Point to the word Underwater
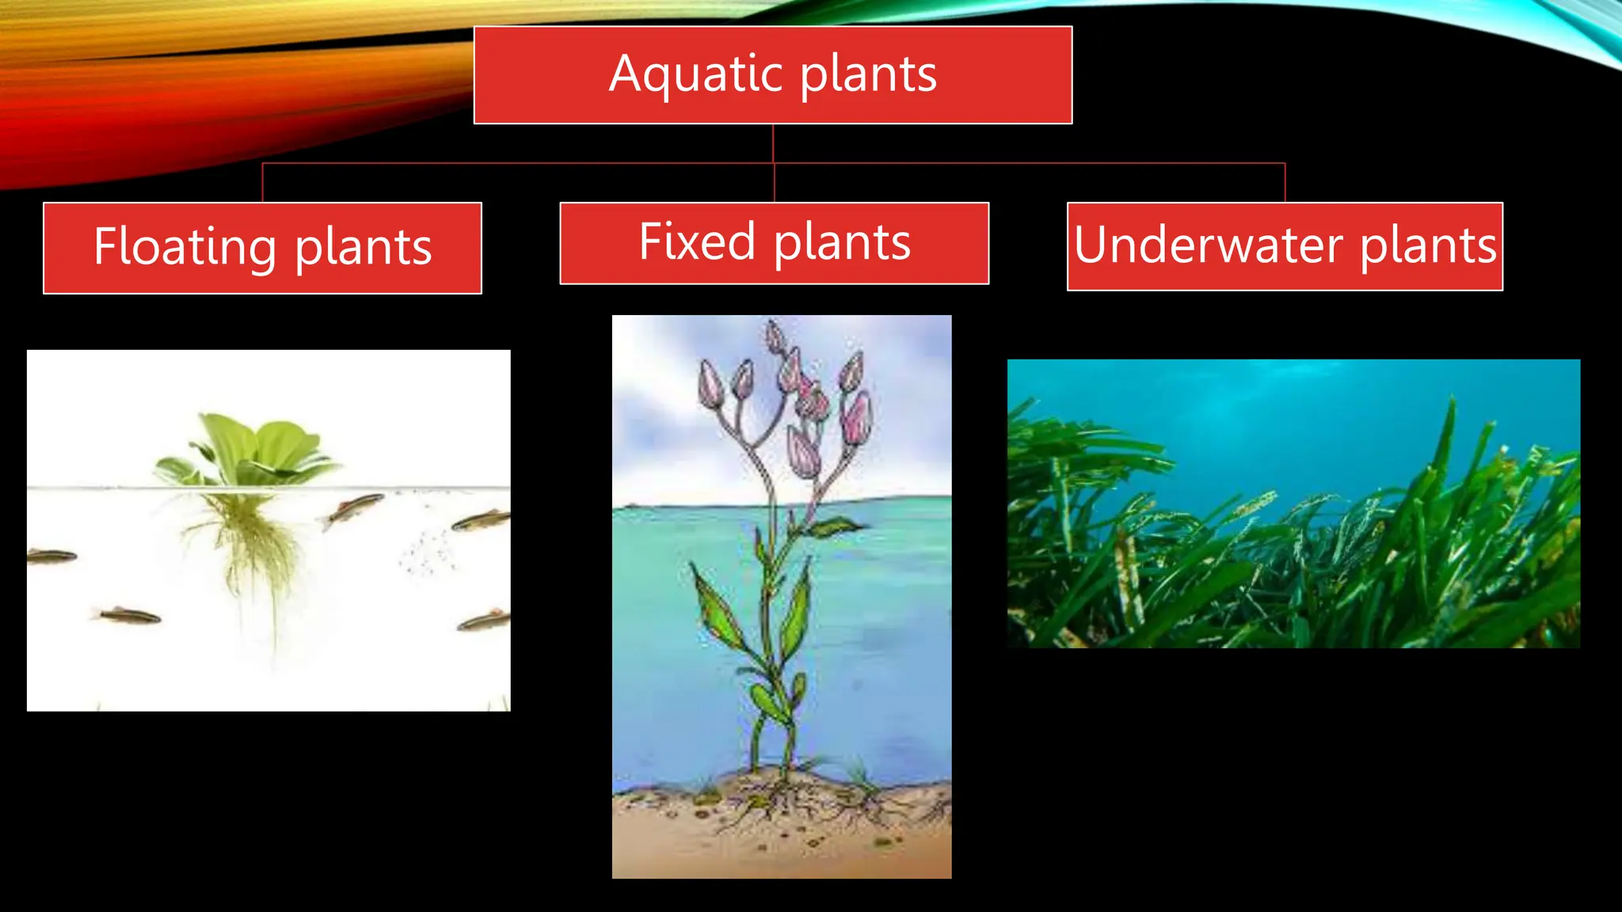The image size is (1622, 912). (1207, 245)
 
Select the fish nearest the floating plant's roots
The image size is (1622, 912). (353, 507)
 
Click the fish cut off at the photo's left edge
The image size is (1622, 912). (52, 557)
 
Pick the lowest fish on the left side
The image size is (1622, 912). (127, 615)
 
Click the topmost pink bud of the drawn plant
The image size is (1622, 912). (775, 336)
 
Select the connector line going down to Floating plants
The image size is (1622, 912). (262, 183)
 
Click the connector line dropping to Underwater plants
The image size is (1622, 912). (1285, 183)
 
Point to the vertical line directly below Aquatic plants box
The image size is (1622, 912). (773, 143)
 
